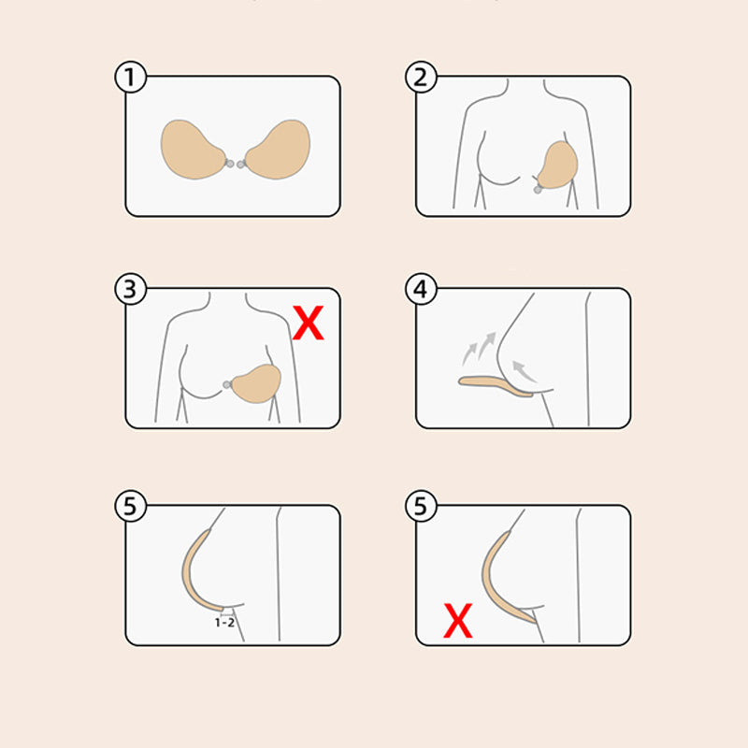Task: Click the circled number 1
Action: click(x=131, y=79)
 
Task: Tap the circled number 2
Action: click(x=421, y=79)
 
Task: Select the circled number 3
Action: click(x=131, y=291)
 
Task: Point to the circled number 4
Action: click(x=421, y=291)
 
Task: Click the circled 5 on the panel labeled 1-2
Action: click(x=131, y=508)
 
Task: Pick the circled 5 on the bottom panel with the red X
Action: click(x=421, y=508)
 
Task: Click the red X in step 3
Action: click(x=309, y=324)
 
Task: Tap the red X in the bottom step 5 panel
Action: click(x=457, y=620)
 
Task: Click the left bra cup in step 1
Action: click(x=193, y=148)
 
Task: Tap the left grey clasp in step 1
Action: click(x=229, y=165)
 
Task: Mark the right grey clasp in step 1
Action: click(x=241, y=165)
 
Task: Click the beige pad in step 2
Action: click(x=557, y=166)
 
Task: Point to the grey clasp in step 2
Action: click(x=536, y=189)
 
